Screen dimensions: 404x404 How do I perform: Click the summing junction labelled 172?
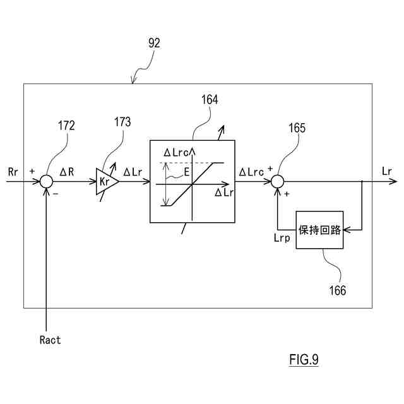46,181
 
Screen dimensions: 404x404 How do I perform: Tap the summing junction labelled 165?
278,181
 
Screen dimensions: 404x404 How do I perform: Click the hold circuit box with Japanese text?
319,230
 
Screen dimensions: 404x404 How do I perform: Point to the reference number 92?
154,43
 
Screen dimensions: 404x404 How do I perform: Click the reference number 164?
210,100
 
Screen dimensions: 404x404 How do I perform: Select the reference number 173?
122,122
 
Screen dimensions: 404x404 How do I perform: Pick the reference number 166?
338,290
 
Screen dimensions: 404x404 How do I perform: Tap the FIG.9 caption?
304,359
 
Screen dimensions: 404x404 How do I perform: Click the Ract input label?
50,340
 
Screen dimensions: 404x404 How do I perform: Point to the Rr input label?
13,172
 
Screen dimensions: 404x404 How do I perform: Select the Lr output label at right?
387,171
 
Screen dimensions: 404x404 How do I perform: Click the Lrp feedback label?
282,238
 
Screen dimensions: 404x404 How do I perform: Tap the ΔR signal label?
67,172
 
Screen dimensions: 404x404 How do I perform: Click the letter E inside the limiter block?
187,172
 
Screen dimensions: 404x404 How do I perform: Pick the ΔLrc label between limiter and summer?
251,172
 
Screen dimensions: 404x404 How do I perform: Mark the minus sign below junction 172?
56,194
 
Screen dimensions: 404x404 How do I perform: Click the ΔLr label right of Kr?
133,172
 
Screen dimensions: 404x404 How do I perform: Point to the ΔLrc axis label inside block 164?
177,153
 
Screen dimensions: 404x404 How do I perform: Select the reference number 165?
297,128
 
